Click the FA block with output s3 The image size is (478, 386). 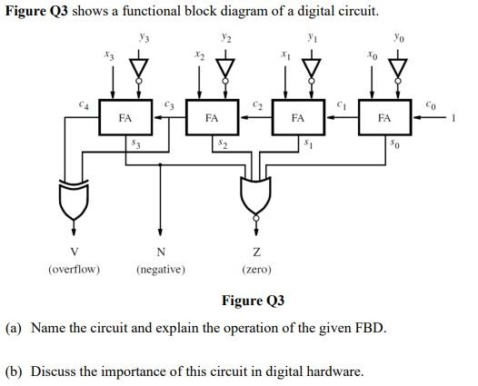[124, 118]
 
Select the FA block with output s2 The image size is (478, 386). [211, 118]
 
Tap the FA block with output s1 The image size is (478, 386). [297, 118]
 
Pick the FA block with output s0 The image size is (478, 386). [383, 118]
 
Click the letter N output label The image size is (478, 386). [161, 252]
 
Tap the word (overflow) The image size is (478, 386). [74, 269]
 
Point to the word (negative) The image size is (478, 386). [161, 269]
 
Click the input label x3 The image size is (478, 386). [110, 57]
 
